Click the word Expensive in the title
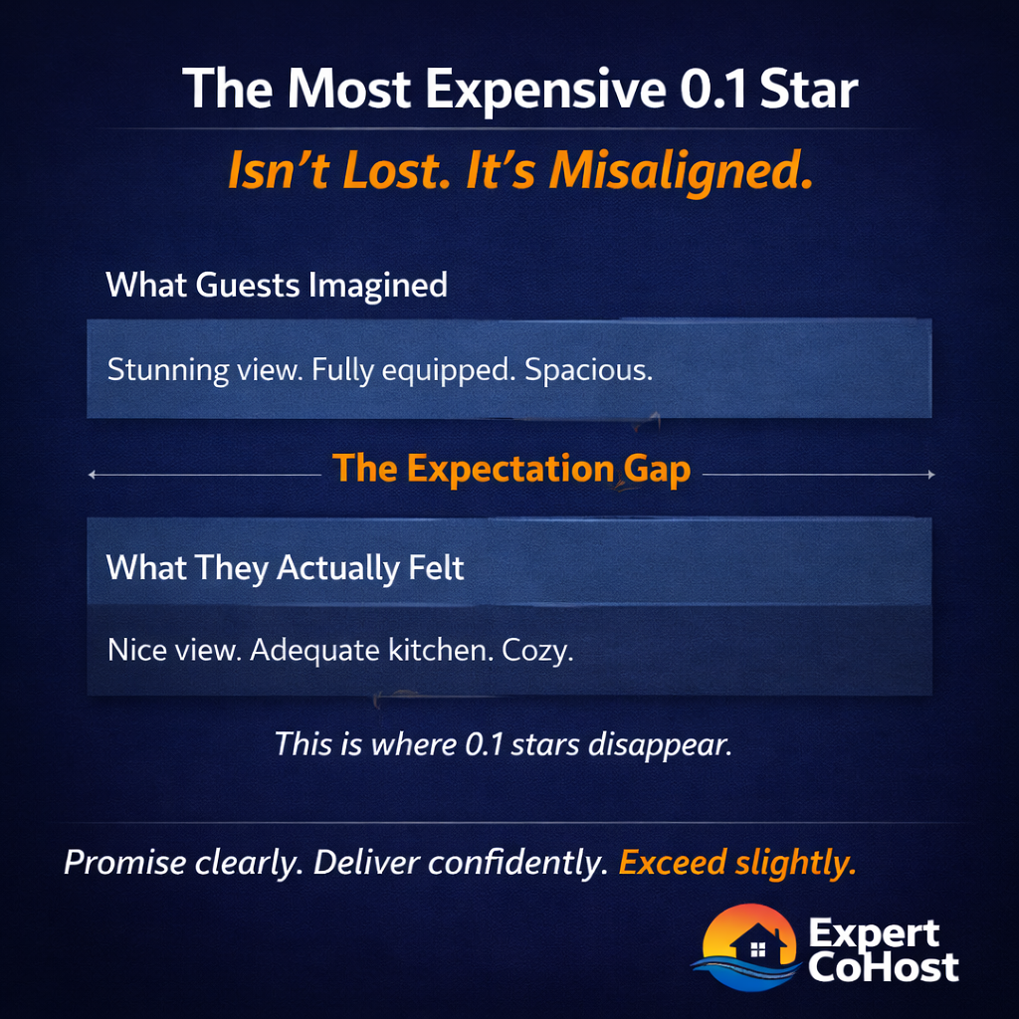pyautogui.click(x=545, y=91)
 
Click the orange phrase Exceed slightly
pyautogui.click(x=737, y=863)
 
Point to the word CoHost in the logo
pyautogui.click(x=883, y=966)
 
